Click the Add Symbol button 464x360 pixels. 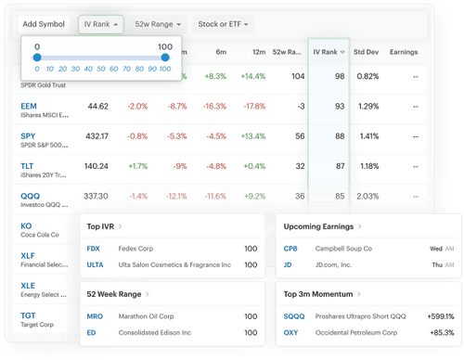pyautogui.click(x=44, y=22)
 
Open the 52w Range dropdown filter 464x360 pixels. pyautogui.click(x=160, y=22)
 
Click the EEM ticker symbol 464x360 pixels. pyautogui.click(x=29, y=106)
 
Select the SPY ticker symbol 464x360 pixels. pyautogui.click(x=29, y=135)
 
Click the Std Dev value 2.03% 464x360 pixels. pyautogui.click(x=368, y=196)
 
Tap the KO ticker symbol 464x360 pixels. pyautogui.click(x=26, y=225)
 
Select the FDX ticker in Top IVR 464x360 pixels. pyautogui.click(x=93, y=249)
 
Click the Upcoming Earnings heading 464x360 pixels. pyautogui.click(x=320, y=226)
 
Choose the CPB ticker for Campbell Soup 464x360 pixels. pyautogui.click(x=290, y=249)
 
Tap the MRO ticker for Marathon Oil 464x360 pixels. pyautogui.click(x=94, y=316)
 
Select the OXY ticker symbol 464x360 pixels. pyautogui.click(x=290, y=332)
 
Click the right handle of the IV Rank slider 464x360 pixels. pyautogui.click(x=165, y=58)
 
